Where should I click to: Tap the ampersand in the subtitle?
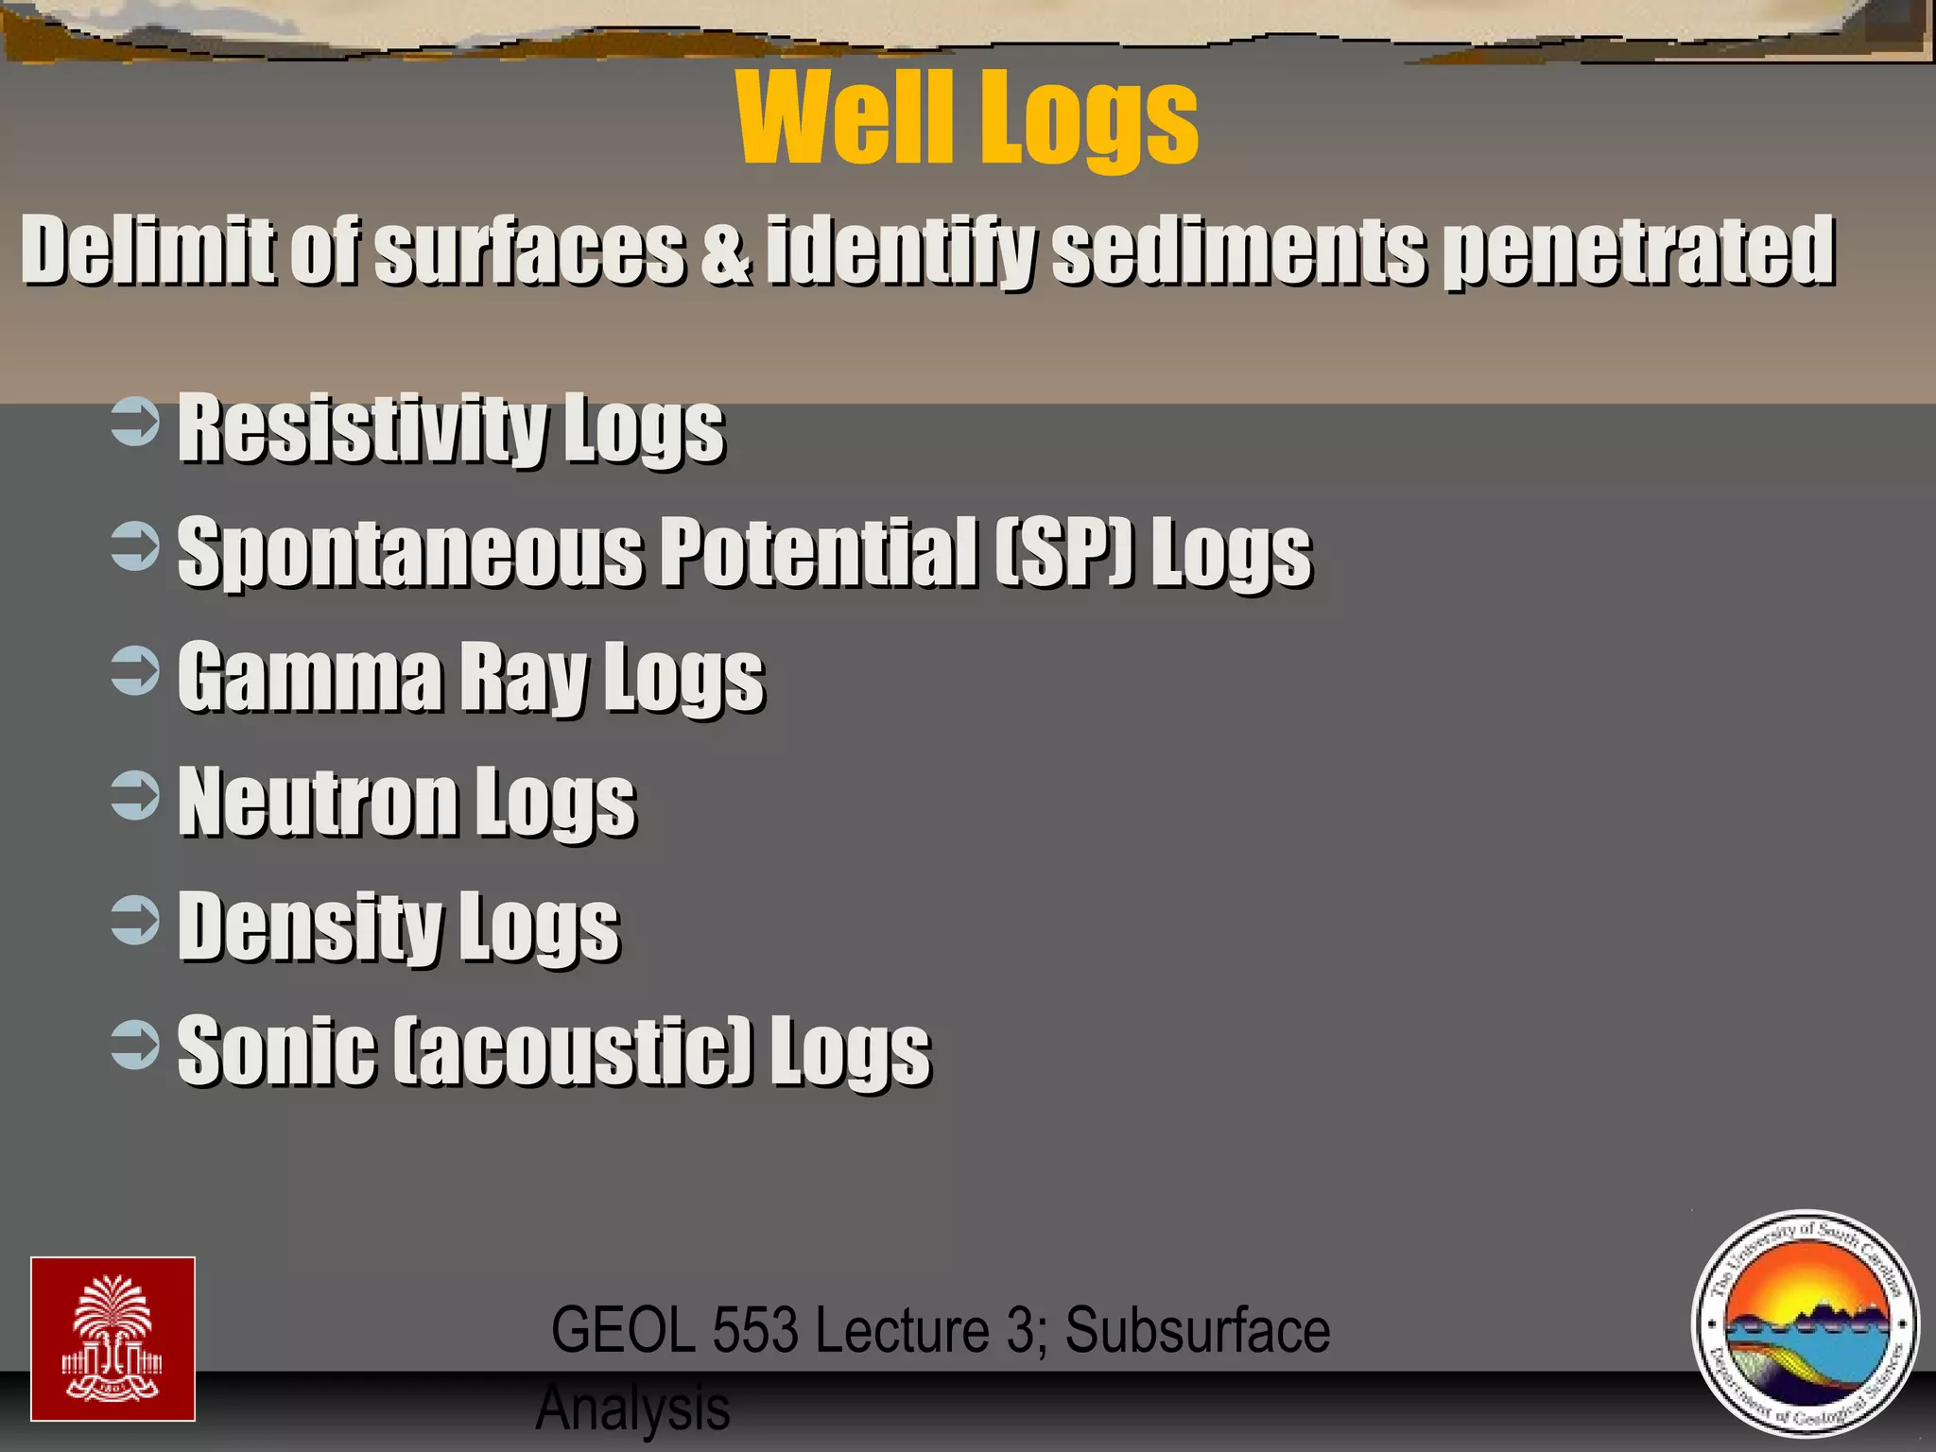(x=726, y=251)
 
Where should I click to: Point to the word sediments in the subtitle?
(x=1238, y=250)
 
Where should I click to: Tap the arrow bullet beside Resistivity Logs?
(x=135, y=423)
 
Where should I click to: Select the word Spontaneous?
(x=410, y=552)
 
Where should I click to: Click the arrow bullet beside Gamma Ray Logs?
(x=135, y=670)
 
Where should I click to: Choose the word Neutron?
(x=317, y=801)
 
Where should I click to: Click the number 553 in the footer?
(x=754, y=1330)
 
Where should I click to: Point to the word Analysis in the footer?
(x=632, y=1408)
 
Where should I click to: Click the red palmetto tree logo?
(x=112, y=1339)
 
